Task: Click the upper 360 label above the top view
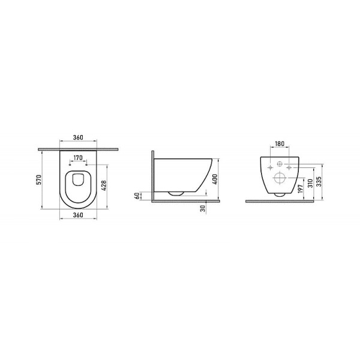(78, 137)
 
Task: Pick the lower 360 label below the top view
(78, 214)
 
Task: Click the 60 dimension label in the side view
(138, 196)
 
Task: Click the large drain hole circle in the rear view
(280, 178)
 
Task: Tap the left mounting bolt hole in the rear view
(271, 167)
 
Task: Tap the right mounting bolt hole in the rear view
(289, 167)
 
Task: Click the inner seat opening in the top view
(78, 187)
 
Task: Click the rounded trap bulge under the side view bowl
(175, 194)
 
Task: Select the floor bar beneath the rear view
(280, 201)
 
